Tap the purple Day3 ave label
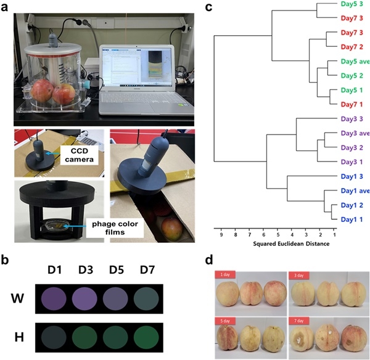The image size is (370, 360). pyautogui.click(x=351, y=133)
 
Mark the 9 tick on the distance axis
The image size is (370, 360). pyautogui.click(x=221, y=234)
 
